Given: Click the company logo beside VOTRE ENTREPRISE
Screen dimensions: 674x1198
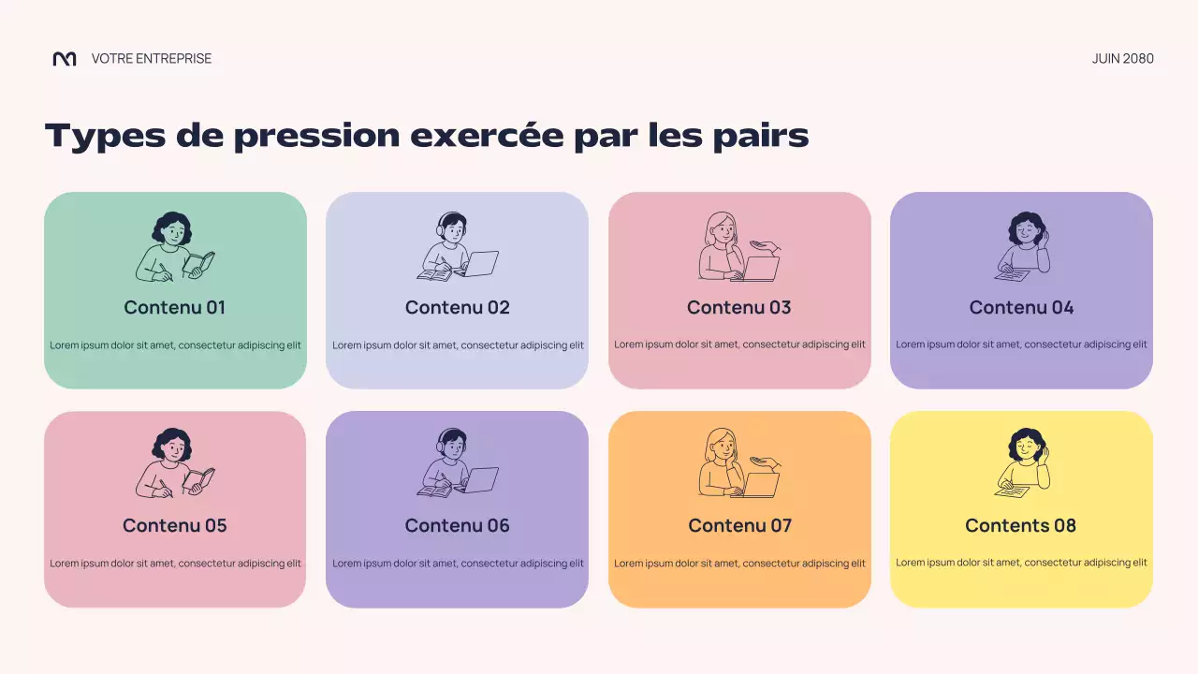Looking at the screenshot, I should [x=65, y=59].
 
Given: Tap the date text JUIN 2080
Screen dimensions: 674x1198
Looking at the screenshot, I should [x=1122, y=59].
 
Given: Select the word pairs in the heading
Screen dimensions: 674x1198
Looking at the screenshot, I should [x=762, y=137].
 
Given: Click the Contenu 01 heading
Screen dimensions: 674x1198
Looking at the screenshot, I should [x=175, y=307].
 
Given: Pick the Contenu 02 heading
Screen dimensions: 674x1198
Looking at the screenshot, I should [x=458, y=307].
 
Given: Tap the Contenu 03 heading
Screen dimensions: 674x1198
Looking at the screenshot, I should [x=739, y=307].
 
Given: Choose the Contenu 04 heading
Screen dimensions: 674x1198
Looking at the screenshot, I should [x=1021, y=307].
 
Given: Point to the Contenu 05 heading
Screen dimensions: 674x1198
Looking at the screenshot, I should [x=175, y=525].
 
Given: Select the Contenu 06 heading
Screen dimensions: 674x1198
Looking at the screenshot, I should [x=458, y=525].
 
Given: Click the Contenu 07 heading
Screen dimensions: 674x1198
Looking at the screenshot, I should [x=739, y=525].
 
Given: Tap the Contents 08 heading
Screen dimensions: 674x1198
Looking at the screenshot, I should [x=1021, y=525].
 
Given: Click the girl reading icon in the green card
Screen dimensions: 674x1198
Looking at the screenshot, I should [x=175, y=247].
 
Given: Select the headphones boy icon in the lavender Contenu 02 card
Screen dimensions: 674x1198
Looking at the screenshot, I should [x=458, y=247].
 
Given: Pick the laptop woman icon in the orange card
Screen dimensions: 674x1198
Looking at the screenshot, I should [x=739, y=465].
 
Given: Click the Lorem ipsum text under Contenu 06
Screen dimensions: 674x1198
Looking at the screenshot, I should [x=458, y=564].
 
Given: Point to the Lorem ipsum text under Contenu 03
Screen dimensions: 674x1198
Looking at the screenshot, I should [x=739, y=344].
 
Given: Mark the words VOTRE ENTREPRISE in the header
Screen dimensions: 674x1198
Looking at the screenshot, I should [x=152, y=59].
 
